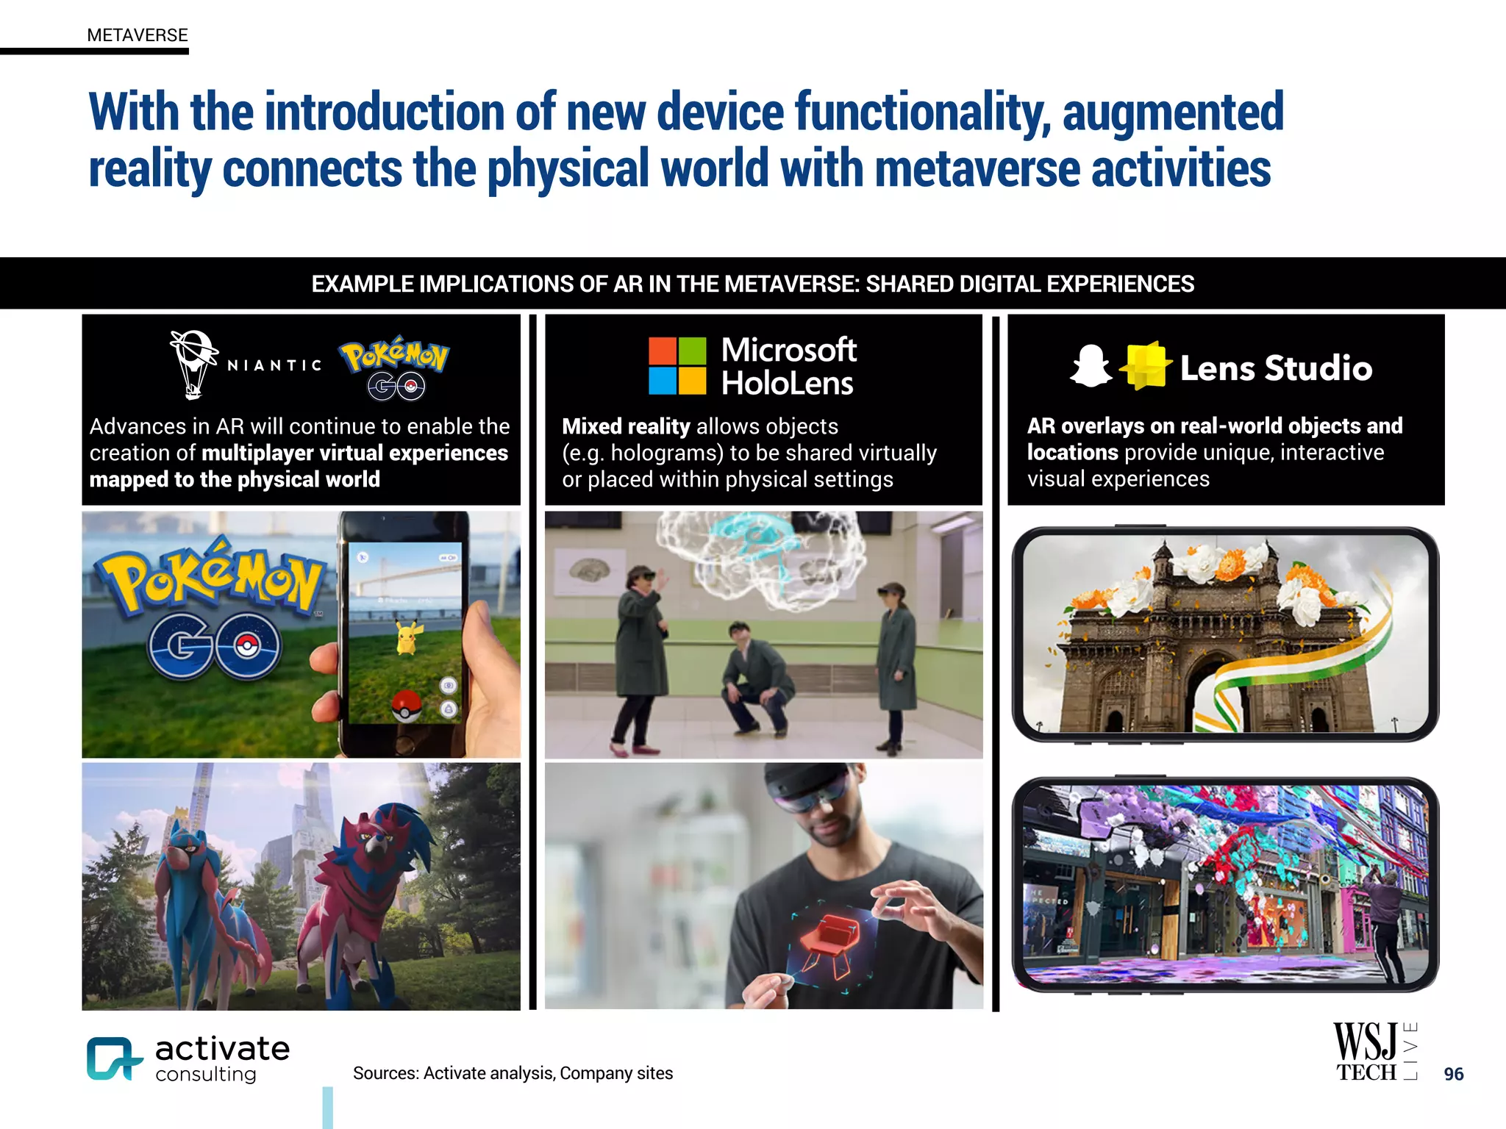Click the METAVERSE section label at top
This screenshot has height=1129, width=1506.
138,35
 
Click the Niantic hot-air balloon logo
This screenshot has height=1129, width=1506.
193,364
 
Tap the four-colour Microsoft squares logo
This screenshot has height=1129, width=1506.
677,365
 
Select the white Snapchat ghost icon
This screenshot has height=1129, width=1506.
1091,366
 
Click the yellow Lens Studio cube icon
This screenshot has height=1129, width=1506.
1145,365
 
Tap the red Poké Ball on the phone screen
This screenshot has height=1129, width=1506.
405,706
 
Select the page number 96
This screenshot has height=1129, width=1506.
1453,1074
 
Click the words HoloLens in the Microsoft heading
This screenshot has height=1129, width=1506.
787,384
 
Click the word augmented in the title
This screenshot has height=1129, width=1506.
1173,112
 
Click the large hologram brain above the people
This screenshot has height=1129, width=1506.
757,555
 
